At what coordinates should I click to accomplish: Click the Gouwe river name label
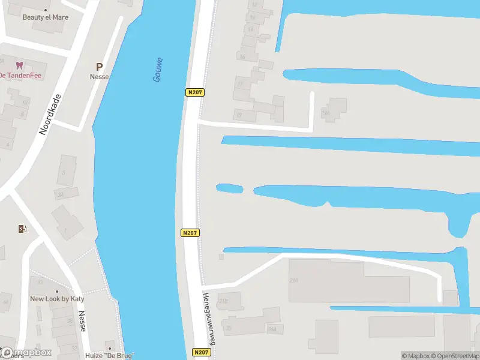158,70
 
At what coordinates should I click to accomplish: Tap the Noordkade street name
50,114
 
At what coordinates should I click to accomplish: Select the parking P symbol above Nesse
99,67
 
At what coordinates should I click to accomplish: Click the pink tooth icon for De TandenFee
19,65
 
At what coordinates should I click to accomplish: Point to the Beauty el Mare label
46,17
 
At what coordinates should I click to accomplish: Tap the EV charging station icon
22,229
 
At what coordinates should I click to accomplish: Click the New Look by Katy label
57,299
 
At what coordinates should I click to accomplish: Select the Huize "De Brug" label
110,355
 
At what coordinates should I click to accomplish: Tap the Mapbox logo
26,353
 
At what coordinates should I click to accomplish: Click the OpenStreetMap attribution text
454,356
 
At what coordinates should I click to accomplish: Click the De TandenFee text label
20,75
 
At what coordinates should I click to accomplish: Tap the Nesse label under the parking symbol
99,77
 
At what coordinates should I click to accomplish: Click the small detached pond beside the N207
229,188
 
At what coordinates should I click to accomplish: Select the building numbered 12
255,5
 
